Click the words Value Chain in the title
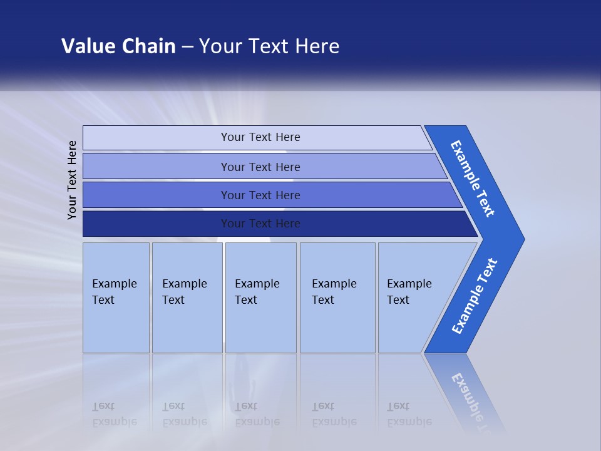tap(118, 46)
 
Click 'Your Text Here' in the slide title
tap(269, 46)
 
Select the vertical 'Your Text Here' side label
tap(73, 180)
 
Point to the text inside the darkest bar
tap(260, 224)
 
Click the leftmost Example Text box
tap(116, 298)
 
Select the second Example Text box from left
tap(187, 298)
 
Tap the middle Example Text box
tap(260, 298)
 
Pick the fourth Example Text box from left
tap(337, 298)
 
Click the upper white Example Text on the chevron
tap(473, 179)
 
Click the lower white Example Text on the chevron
tap(475, 296)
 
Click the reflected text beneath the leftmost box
tap(114, 414)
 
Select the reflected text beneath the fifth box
tap(408, 414)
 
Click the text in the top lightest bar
tap(260, 137)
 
